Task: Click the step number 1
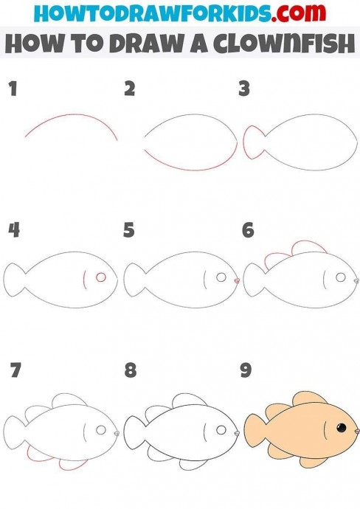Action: click(x=13, y=89)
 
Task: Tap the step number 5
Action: click(x=129, y=230)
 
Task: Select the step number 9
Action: click(x=246, y=370)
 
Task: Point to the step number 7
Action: click(x=15, y=370)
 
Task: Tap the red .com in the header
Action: click(x=299, y=13)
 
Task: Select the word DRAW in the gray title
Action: click(x=147, y=44)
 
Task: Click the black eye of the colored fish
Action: click(x=341, y=428)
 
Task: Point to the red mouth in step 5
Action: click(x=237, y=280)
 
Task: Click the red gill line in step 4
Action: click(x=84, y=279)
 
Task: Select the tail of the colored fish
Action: click(x=255, y=428)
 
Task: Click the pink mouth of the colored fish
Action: click(x=357, y=431)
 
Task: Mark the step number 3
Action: click(x=244, y=89)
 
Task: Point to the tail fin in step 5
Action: click(x=134, y=279)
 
